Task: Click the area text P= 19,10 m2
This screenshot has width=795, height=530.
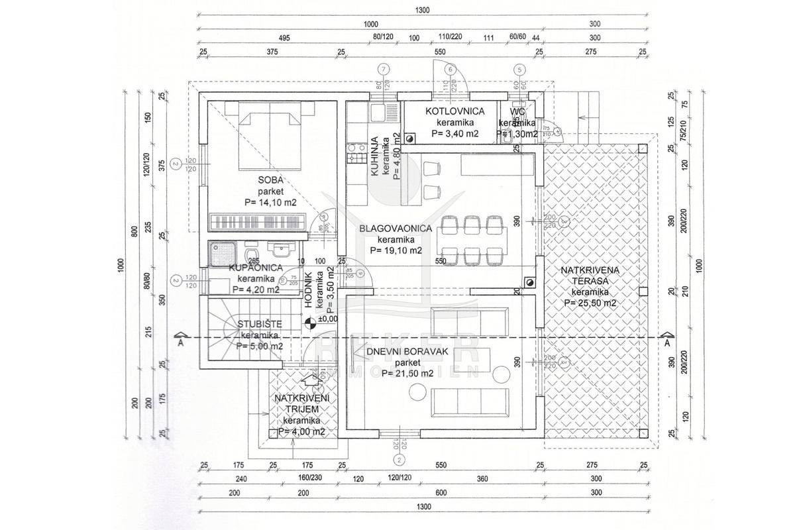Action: pyautogui.click(x=396, y=250)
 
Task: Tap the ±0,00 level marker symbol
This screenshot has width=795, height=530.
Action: pyautogui.click(x=309, y=323)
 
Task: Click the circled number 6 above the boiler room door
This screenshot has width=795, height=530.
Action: pyautogui.click(x=450, y=68)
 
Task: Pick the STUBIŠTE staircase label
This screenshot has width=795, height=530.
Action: pyautogui.click(x=260, y=324)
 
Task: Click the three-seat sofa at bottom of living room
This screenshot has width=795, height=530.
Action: pyautogui.click(x=470, y=401)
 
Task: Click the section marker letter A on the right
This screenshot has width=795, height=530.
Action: pyautogui.click(x=667, y=344)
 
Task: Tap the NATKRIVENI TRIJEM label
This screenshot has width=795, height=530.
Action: pyautogui.click(x=301, y=403)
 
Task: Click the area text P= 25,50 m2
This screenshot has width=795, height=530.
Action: pyautogui.click(x=590, y=303)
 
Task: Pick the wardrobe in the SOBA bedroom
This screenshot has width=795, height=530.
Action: pyautogui.click(x=257, y=221)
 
